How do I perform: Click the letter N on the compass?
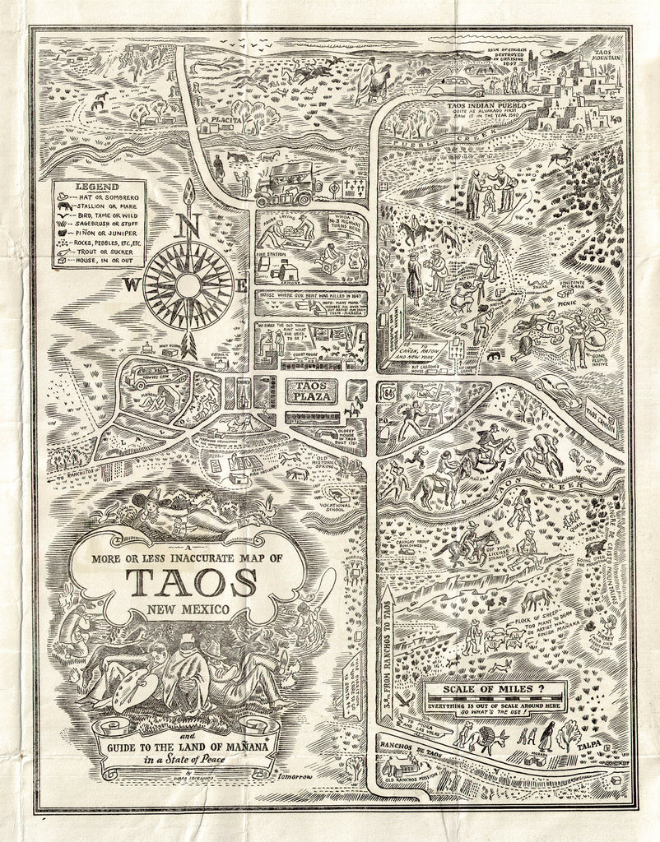pos(188,224)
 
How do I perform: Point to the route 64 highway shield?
pos(387,393)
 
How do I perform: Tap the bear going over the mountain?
pos(593,547)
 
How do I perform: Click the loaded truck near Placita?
pos(284,184)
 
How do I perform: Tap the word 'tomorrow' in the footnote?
pos(297,776)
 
